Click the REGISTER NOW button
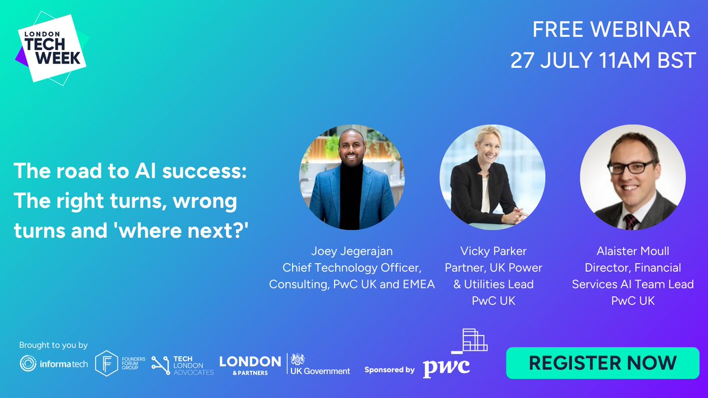pyautogui.click(x=602, y=362)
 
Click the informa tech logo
pyautogui.click(x=54, y=364)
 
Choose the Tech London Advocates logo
pyautogui.click(x=182, y=365)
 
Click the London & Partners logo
pyautogui.click(x=250, y=364)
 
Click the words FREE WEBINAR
pyautogui.click(x=611, y=29)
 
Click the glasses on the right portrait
pyautogui.click(x=632, y=166)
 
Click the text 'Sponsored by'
pyautogui.click(x=389, y=370)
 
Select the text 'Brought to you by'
pyautogui.click(x=53, y=345)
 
